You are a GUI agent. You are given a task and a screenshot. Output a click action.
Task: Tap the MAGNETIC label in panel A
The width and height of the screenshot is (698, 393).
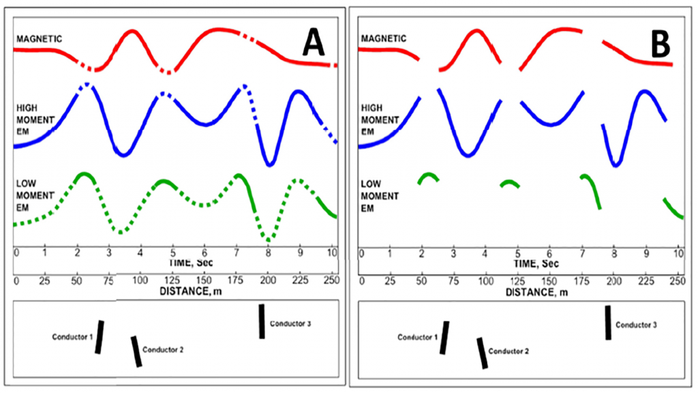39,38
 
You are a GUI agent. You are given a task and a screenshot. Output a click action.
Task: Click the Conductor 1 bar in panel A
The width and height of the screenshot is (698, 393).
100,337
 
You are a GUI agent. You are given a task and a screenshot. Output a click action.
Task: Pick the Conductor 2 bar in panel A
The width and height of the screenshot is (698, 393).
137,351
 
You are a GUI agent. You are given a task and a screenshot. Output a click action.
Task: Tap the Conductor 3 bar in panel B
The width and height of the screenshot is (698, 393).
608,323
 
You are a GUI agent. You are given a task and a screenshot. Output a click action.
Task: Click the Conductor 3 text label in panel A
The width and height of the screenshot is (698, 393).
290,323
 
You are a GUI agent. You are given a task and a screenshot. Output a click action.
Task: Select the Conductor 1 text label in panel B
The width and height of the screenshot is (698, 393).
416,337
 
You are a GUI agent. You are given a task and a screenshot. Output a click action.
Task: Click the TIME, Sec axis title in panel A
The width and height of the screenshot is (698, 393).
173,263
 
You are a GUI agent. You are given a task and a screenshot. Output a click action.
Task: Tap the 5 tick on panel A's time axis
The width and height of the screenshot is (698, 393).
173,253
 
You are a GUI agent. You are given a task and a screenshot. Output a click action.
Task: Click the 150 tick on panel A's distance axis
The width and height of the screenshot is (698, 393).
204,280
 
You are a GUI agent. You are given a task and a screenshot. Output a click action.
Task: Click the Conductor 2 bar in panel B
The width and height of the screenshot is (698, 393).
483,353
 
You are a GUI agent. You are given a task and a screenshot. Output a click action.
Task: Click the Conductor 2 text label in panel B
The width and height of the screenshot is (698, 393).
509,351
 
